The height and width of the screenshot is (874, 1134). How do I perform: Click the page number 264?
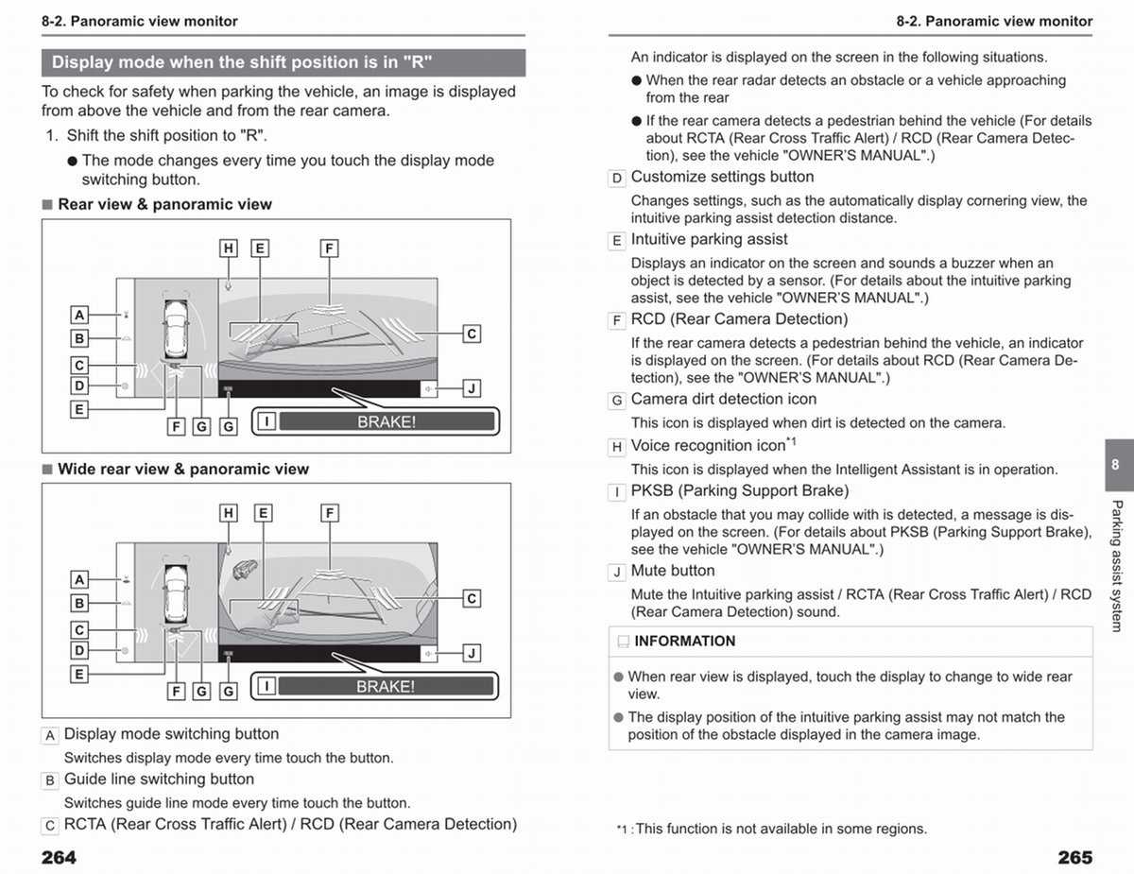pyautogui.click(x=59, y=857)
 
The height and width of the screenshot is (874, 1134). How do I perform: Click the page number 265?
pyautogui.click(x=1075, y=857)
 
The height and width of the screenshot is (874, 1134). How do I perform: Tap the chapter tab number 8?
pyautogui.click(x=1115, y=464)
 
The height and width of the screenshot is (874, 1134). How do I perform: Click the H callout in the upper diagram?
pyautogui.click(x=228, y=248)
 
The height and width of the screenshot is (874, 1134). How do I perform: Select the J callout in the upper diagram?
pyautogui.click(x=472, y=388)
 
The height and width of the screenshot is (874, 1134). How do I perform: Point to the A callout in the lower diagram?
pyautogui.click(x=79, y=579)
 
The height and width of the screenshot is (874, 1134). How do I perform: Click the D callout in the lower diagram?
pyautogui.click(x=79, y=650)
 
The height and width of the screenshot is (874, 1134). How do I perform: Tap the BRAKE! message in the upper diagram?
pyautogui.click(x=387, y=421)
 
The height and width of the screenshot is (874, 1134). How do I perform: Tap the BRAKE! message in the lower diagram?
pyautogui.click(x=386, y=686)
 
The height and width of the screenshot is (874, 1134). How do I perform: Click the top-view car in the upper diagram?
pyautogui.click(x=176, y=329)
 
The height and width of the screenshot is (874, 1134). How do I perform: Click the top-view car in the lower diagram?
pyautogui.click(x=176, y=593)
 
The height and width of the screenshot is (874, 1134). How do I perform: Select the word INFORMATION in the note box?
pyautogui.click(x=685, y=641)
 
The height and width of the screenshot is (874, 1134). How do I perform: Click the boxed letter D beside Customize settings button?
pyautogui.click(x=617, y=179)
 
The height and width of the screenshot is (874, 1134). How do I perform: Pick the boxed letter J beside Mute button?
pyautogui.click(x=617, y=573)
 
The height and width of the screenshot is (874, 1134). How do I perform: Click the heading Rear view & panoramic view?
pyautogui.click(x=165, y=204)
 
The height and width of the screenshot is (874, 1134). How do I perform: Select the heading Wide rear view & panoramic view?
pyautogui.click(x=183, y=469)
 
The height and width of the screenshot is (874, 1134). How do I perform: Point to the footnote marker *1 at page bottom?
pyautogui.click(x=622, y=830)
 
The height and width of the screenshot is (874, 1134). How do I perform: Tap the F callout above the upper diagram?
pyautogui.click(x=329, y=248)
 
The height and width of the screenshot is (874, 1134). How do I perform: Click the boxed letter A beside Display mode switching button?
pyautogui.click(x=50, y=736)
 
